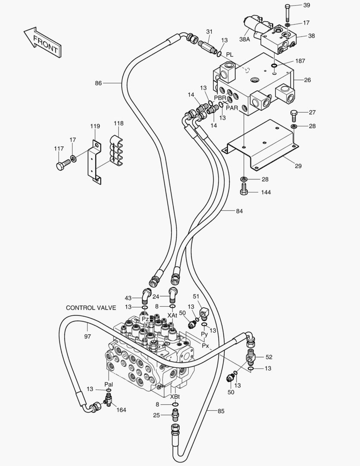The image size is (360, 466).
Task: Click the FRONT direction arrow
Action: pos(41,42)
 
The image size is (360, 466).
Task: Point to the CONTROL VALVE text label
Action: pos(91,308)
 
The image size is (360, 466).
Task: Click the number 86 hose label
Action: pos(98,83)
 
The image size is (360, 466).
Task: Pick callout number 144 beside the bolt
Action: pos(266,192)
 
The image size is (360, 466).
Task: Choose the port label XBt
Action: pos(175,397)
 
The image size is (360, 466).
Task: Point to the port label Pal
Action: pos(109,384)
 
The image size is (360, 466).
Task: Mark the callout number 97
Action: pos(87,336)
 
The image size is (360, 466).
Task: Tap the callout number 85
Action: pos(221,411)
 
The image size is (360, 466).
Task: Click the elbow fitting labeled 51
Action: pos(204,312)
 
